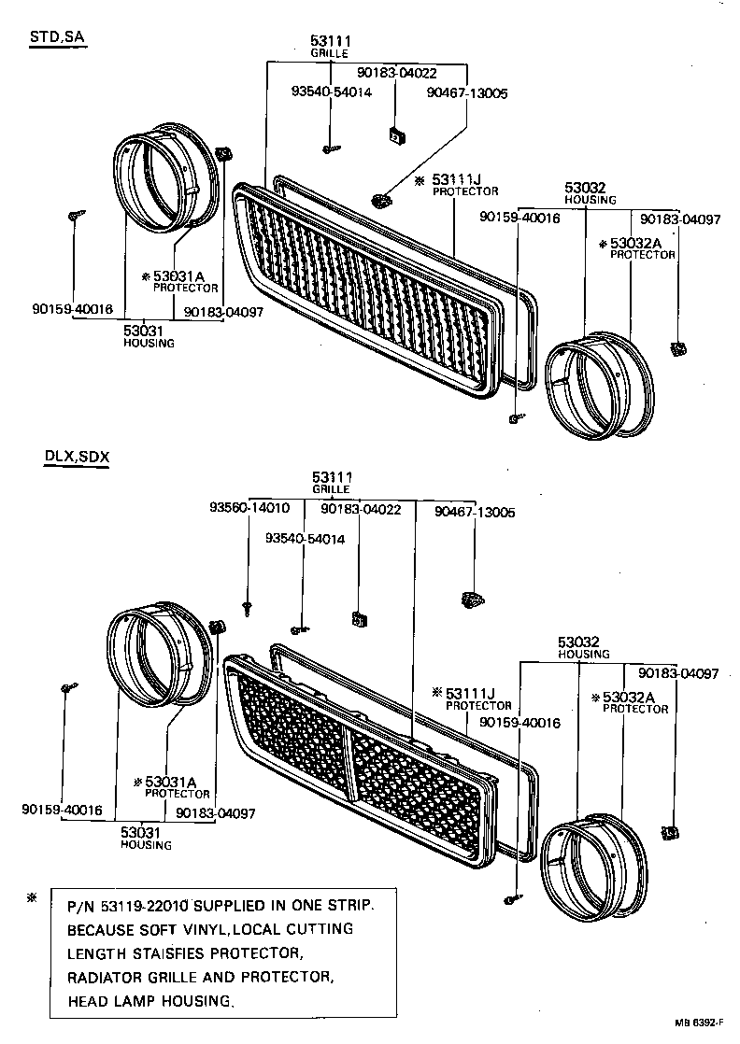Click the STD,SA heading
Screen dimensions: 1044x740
(x=59, y=37)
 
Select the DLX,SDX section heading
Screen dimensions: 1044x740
(x=76, y=457)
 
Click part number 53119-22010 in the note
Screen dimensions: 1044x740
(x=145, y=906)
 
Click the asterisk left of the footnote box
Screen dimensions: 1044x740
(x=32, y=898)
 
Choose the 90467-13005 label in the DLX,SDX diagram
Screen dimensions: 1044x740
(x=475, y=512)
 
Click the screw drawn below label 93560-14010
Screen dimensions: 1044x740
(x=248, y=608)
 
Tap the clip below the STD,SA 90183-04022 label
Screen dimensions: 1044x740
(x=395, y=136)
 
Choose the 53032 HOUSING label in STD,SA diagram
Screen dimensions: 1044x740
(x=590, y=193)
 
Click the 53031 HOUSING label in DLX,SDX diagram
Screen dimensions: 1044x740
(x=146, y=838)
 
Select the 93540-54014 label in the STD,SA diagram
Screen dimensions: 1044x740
(x=331, y=92)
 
